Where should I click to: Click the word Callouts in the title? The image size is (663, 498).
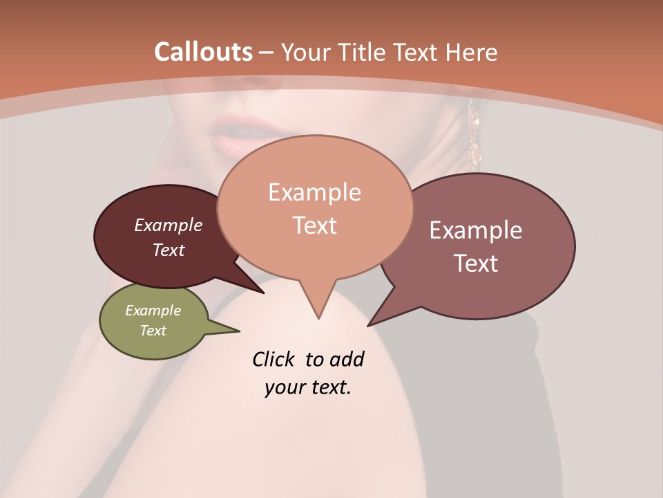click(x=203, y=52)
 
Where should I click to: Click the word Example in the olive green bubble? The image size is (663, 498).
click(x=153, y=311)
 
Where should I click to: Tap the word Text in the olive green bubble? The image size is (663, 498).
click(x=153, y=331)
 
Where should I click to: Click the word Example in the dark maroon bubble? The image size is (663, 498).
click(x=168, y=225)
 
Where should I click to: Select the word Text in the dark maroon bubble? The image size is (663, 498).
click(x=168, y=250)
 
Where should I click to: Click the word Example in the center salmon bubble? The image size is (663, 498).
click(x=314, y=192)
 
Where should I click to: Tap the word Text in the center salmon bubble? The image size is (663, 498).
click(x=314, y=225)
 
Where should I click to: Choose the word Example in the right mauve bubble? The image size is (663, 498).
click(x=476, y=230)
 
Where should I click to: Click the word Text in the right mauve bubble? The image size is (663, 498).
click(x=476, y=263)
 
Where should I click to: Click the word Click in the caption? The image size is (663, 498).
click(x=275, y=359)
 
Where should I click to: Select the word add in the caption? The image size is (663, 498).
click(x=346, y=359)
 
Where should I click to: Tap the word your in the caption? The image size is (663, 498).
click(x=284, y=387)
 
